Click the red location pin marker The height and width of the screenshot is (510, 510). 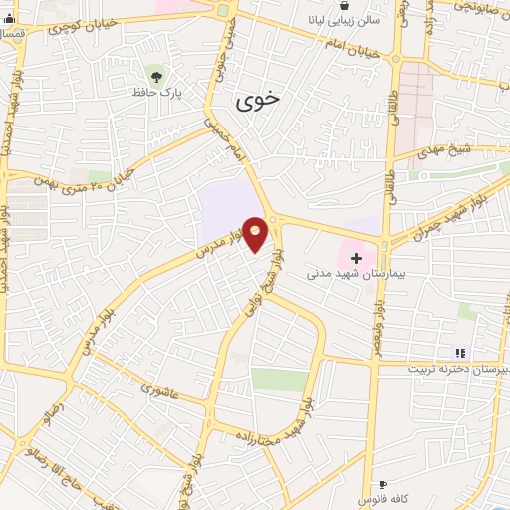(x=256, y=235)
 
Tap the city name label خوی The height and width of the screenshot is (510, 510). (x=259, y=101)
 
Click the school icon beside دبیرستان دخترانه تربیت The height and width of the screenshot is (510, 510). (x=459, y=353)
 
